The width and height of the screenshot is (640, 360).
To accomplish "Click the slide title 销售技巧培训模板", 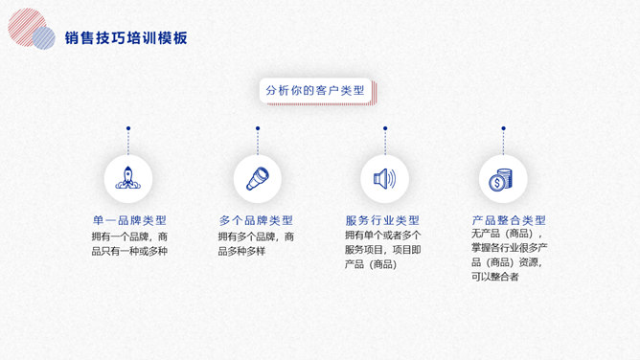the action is coord(126,38).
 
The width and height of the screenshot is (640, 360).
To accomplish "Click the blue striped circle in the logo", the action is coord(44,38).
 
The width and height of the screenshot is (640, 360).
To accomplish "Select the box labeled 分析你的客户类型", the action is coord(315,90).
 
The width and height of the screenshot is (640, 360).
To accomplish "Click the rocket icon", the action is coord(128,178).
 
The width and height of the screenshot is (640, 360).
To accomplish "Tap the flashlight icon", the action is coord(258,179).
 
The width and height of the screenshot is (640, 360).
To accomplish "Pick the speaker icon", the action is coord(384,179).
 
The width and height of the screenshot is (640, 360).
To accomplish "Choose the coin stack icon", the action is coord(500,179).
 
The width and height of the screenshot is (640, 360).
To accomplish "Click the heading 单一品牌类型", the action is coord(129,220).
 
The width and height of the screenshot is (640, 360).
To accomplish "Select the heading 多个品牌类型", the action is coord(256,220).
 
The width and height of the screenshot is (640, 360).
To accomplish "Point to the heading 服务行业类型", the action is coord(382,220).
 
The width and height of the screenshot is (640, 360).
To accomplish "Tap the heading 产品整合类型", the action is coord(509,220).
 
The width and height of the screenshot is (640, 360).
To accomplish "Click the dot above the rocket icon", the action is coord(128,128).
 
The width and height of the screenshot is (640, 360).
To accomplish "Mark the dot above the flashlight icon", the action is coord(258,128).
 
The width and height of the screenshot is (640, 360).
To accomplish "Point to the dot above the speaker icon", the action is coord(385,128).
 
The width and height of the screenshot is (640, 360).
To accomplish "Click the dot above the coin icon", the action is coord(503,128).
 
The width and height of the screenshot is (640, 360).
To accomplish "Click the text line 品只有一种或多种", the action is coord(129,251).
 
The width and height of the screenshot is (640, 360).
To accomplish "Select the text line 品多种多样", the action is coord(241,251).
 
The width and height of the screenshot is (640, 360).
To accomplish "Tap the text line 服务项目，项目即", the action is coord(383,250).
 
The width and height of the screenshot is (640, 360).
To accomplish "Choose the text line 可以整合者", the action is coord(494,277).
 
